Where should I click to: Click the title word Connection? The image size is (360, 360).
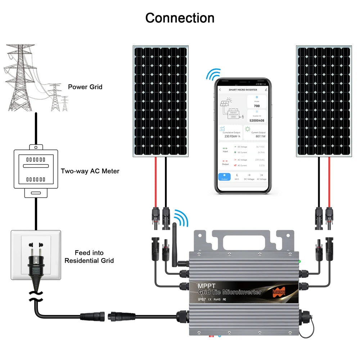tap(180, 18)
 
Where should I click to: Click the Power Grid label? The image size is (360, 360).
tap(85, 87)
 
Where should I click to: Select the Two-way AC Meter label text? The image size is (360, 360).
tap(90, 171)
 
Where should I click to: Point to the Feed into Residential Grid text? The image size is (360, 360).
tap(89, 256)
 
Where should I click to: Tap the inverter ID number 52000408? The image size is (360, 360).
tap(257, 120)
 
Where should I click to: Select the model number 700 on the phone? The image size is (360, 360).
tap(257, 106)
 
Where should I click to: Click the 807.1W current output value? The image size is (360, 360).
tap(255, 136)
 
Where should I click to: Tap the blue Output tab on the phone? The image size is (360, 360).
tap(224, 176)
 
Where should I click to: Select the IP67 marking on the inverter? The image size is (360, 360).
tap(204, 299)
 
